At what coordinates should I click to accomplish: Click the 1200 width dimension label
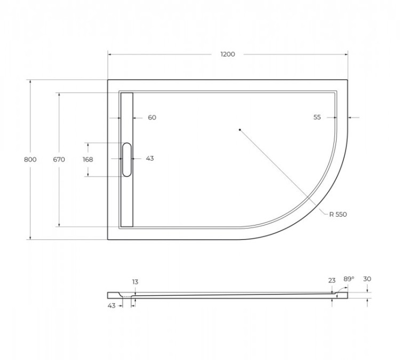pyautogui.click(x=228, y=54)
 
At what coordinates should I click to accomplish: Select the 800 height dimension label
pyautogui.click(x=30, y=159)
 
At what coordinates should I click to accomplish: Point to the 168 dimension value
pyautogui.click(x=88, y=159)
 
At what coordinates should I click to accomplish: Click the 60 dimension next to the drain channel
pyautogui.click(x=152, y=117)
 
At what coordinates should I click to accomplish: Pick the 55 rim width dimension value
pyautogui.click(x=317, y=117)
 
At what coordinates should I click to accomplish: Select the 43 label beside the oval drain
pyautogui.click(x=150, y=159)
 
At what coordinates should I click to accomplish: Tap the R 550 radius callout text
pyautogui.click(x=338, y=214)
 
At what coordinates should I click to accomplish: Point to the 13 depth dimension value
pyautogui.click(x=135, y=282)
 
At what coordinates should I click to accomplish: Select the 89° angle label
pyautogui.click(x=349, y=279)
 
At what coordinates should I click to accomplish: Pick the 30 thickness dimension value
pyautogui.click(x=367, y=279)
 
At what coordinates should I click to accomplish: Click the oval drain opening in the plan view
pyautogui.click(x=126, y=159)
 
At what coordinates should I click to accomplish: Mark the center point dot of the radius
pyautogui.click(x=240, y=129)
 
